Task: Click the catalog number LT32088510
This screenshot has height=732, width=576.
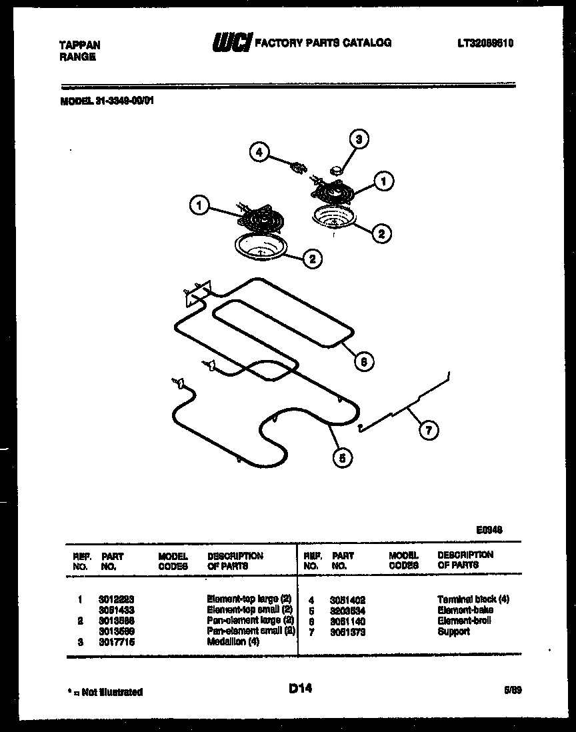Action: (x=485, y=44)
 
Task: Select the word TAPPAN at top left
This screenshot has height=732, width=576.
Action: (x=80, y=45)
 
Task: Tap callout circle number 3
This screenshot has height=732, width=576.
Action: (x=359, y=139)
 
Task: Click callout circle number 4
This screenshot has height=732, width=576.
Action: (x=260, y=153)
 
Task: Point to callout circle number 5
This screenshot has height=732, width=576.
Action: (x=341, y=457)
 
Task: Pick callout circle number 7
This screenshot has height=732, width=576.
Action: (x=428, y=431)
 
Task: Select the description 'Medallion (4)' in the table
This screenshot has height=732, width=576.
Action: (x=233, y=641)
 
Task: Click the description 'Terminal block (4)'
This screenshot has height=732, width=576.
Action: (x=473, y=599)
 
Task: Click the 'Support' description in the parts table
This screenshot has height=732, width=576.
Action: (x=453, y=631)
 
